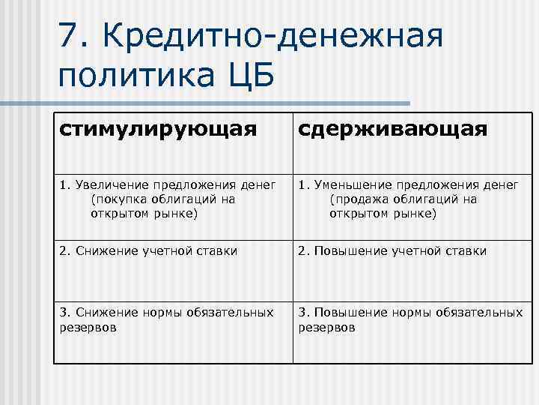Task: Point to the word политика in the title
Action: click(x=132, y=76)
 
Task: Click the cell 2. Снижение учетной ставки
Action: click(x=148, y=250)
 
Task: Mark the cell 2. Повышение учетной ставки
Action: click(x=392, y=250)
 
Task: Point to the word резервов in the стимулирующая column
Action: click(x=88, y=328)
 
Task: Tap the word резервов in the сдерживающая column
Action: click(x=327, y=328)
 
